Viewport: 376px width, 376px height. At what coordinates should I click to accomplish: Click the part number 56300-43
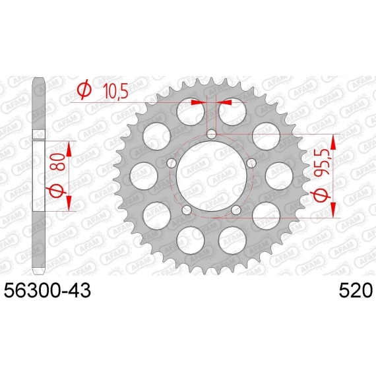47,291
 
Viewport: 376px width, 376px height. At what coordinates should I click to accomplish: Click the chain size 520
356,291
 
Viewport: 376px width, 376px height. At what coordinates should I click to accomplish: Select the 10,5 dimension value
115,91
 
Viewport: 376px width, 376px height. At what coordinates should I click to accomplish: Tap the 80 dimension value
59,162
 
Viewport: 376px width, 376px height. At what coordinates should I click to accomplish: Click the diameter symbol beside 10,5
84,90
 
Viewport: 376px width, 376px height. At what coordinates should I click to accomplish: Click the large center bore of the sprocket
212,176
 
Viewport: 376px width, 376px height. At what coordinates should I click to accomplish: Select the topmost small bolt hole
212,135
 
